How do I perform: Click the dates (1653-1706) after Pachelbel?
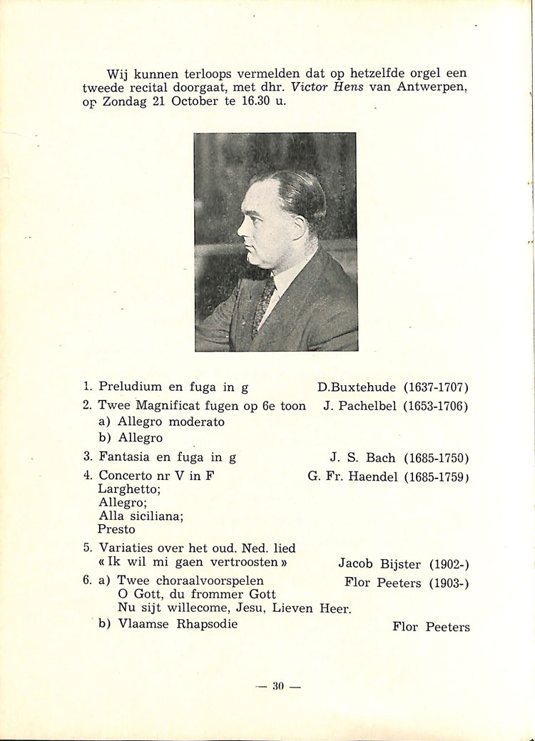(x=435, y=406)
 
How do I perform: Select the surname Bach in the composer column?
(x=380, y=457)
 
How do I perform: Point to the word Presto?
(x=116, y=529)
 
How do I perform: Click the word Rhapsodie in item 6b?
(x=205, y=624)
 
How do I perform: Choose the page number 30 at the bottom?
(x=277, y=686)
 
